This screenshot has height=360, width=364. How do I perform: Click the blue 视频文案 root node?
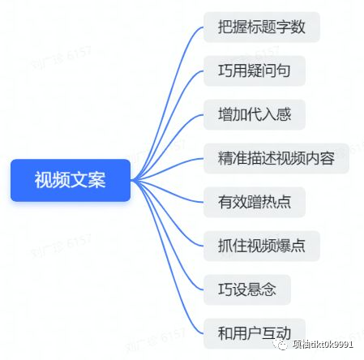click(x=71, y=180)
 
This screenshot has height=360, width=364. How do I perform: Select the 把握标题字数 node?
click(x=262, y=27)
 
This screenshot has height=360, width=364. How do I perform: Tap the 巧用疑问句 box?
click(x=255, y=71)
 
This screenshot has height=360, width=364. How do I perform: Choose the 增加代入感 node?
click(x=255, y=114)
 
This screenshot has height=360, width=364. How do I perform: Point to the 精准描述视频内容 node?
click(x=276, y=158)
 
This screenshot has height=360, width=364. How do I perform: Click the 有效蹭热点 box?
click(x=255, y=202)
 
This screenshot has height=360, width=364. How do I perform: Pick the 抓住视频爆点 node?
click(x=262, y=246)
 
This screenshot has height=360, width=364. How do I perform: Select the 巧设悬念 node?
click(x=247, y=289)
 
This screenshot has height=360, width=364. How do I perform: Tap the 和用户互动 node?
click(x=255, y=333)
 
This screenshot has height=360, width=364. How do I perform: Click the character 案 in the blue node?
click(x=96, y=180)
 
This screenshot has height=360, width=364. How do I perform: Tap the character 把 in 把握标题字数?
click(x=225, y=27)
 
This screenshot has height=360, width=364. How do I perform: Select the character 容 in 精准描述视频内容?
click(x=328, y=158)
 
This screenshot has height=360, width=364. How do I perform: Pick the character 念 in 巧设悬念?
click(x=269, y=289)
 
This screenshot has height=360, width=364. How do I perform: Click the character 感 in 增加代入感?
click(x=284, y=114)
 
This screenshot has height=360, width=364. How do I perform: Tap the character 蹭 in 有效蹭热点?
click(x=255, y=202)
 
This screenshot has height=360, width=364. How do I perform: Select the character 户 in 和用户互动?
click(x=255, y=333)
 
